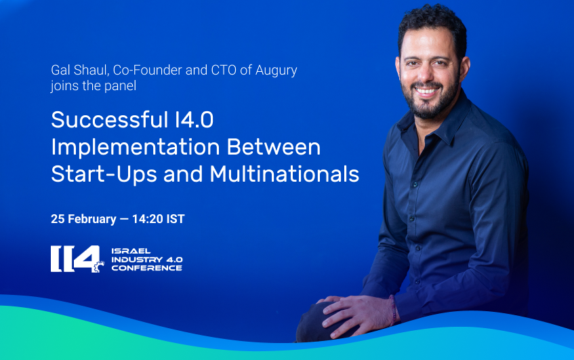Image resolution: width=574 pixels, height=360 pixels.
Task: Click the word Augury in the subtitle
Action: point(276,71)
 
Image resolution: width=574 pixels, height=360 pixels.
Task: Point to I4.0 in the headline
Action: point(194,120)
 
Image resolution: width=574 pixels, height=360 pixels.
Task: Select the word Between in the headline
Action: point(274,147)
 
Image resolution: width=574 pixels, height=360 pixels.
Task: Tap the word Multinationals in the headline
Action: point(285,174)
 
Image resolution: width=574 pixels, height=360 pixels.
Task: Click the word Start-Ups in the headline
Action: point(104,176)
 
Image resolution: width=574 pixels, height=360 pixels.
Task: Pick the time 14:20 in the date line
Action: point(148,219)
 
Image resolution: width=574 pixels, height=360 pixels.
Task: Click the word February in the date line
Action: point(92,220)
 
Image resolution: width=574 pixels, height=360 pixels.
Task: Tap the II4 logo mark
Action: point(77,259)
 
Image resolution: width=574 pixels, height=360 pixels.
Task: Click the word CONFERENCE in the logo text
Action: point(147,268)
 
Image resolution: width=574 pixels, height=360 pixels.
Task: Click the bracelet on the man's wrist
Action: point(393,310)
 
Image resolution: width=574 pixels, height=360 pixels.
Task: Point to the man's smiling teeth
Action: point(427,90)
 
